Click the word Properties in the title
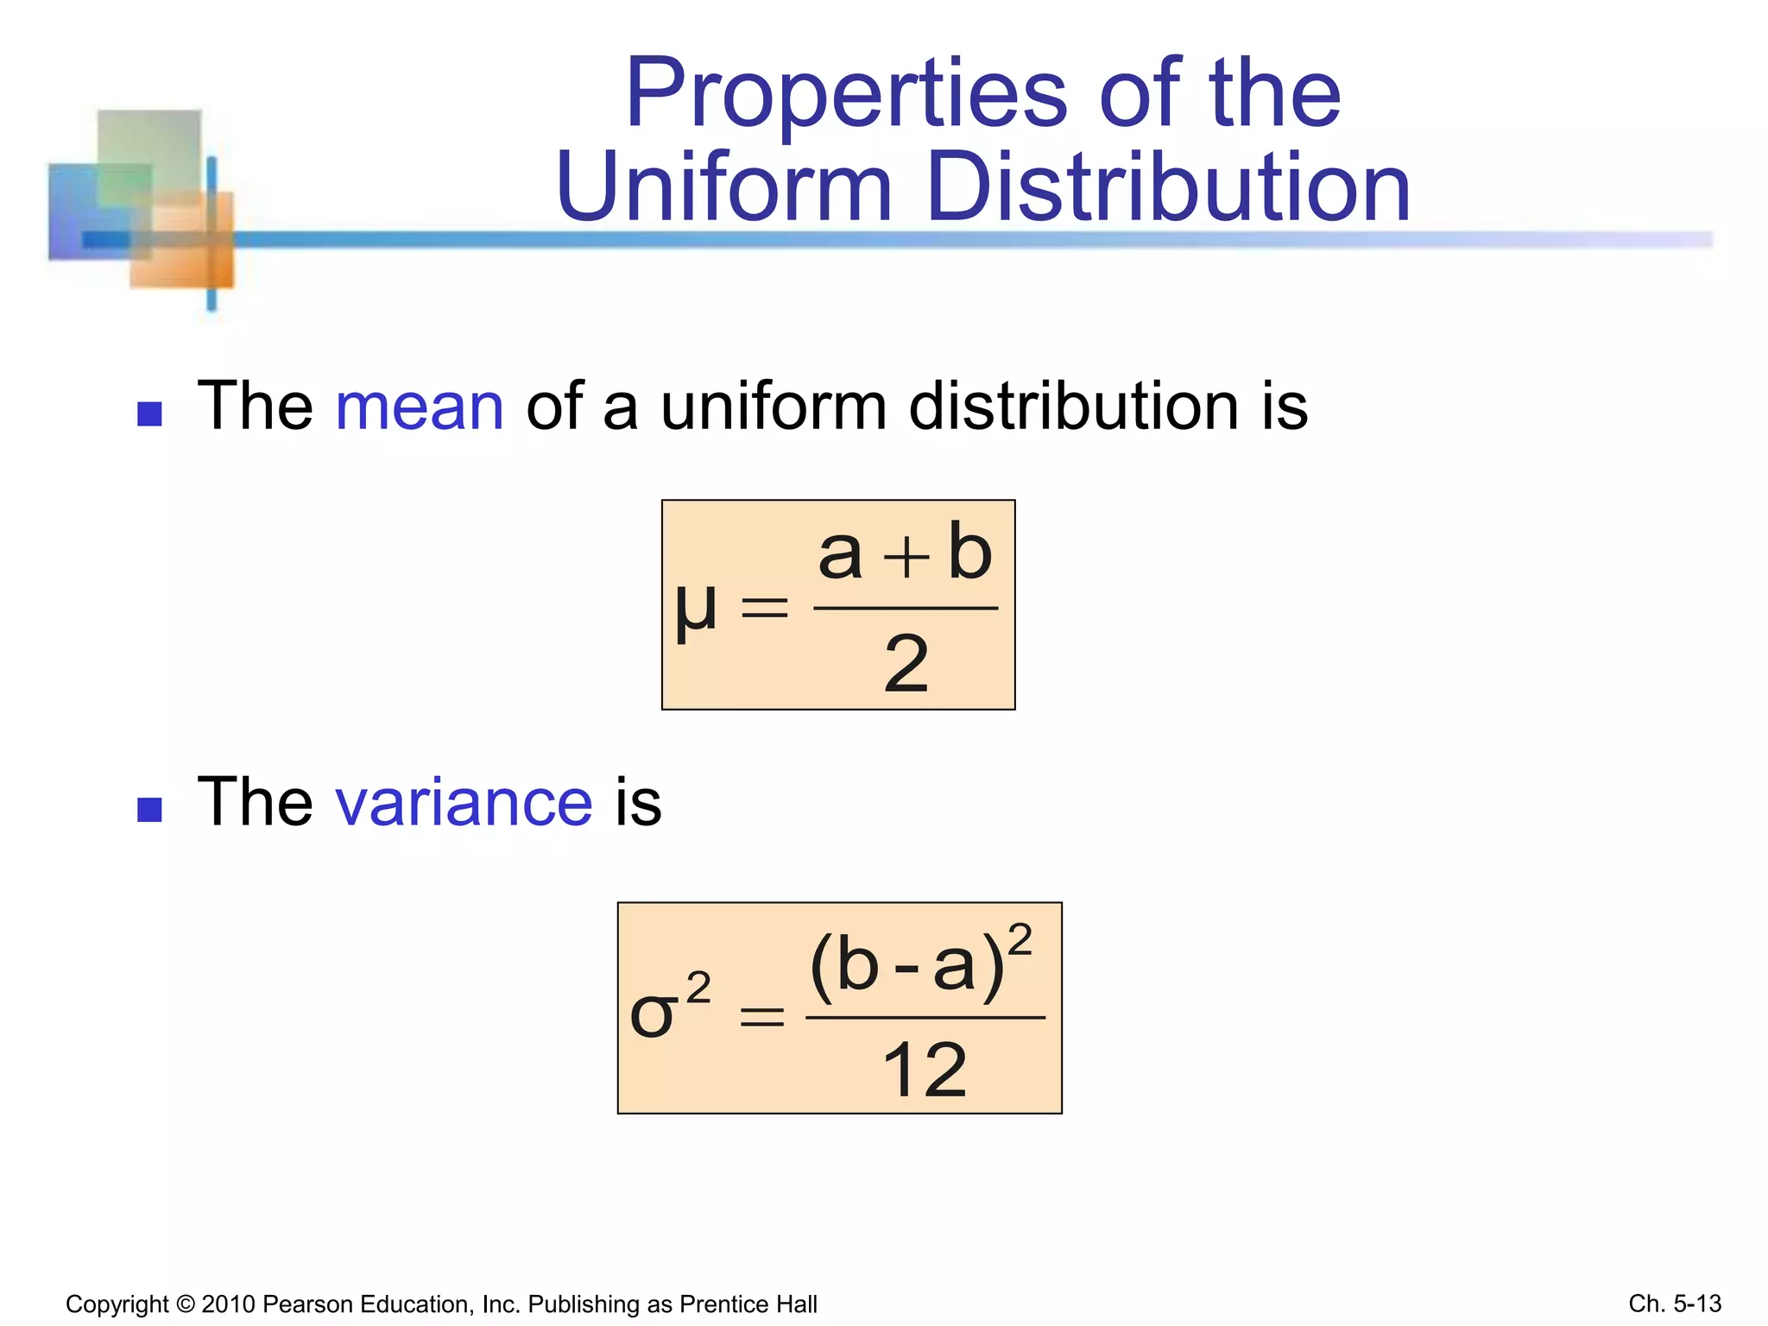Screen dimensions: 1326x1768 pyautogui.click(x=847, y=95)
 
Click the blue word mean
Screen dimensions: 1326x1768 pyautogui.click(x=420, y=407)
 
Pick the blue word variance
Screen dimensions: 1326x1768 pyautogui.click(x=464, y=803)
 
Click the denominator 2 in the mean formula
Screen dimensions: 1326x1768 pyautogui.click(x=906, y=664)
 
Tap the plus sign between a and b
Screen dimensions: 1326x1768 pyautogui.click(x=906, y=558)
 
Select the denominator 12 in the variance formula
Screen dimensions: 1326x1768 pyautogui.click(x=925, y=1070)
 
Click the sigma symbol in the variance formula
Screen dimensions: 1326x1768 pyautogui.click(x=653, y=1014)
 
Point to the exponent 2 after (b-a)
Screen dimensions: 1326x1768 pyautogui.click(x=1020, y=939)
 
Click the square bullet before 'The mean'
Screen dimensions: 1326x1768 pyautogui.click(x=150, y=414)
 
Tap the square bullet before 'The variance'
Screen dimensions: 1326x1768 pyautogui.click(x=150, y=810)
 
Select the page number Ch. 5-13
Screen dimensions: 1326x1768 pyautogui.click(x=1675, y=1304)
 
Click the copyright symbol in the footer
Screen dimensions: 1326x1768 pyautogui.click(x=185, y=1304)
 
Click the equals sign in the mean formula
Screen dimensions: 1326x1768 pyautogui.click(x=765, y=608)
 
